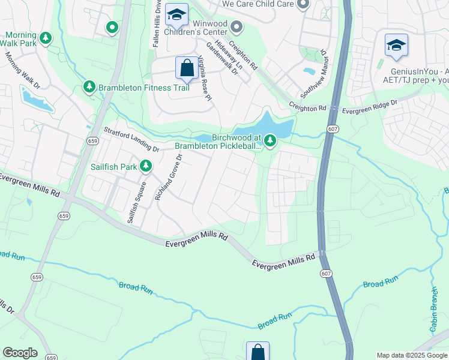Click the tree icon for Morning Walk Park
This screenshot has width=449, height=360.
click(46, 39)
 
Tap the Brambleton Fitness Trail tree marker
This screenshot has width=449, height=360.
click(89, 88)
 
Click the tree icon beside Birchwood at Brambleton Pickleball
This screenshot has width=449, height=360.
click(270, 140)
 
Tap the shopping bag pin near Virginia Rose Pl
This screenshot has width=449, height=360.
click(187, 68)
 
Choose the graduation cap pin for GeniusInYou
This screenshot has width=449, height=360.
click(396, 46)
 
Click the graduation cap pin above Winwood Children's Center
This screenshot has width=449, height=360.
click(176, 14)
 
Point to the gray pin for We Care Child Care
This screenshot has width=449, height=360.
click(303, 5)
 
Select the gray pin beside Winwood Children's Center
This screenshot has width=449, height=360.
click(237, 26)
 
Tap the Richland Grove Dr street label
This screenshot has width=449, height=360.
click(168, 178)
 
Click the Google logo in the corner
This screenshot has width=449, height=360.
click(20, 353)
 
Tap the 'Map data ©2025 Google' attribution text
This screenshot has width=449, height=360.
click(411, 355)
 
